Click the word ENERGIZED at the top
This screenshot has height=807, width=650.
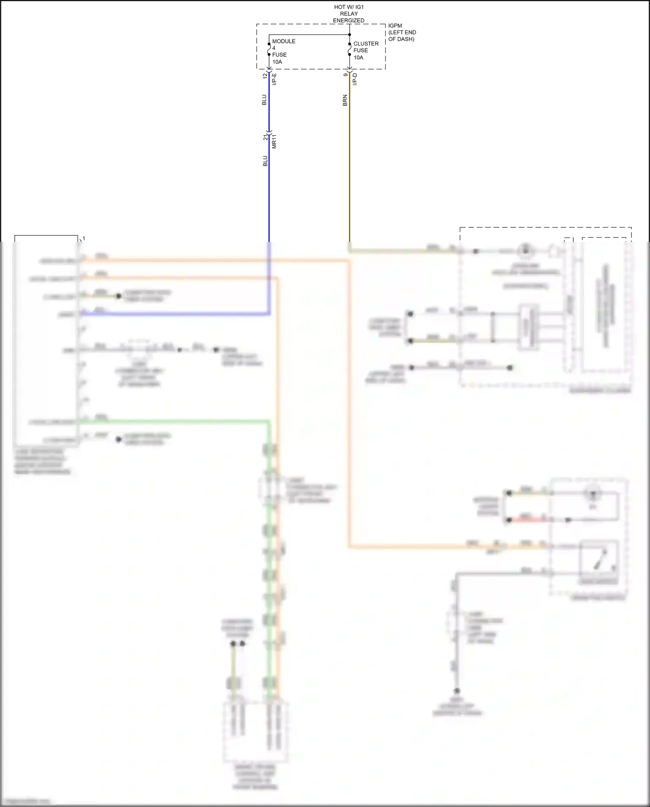pyautogui.click(x=348, y=20)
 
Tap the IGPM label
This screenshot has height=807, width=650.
pyautogui.click(x=395, y=26)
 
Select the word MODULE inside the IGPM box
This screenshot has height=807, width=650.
pyautogui.click(x=283, y=41)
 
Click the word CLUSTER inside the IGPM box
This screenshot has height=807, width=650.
pyautogui.click(x=366, y=43)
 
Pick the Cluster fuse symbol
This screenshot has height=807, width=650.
pyautogui.click(x=350, y=49)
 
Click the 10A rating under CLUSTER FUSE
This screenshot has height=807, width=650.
pyautogui.click(x=358, y=57)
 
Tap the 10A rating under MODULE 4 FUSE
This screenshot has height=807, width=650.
pyautogui.click(x=277, y=62)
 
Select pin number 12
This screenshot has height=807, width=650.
pyautogui.click(x=265, y=76)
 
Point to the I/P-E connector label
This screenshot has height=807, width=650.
pyautogui.click(x=274, y=79)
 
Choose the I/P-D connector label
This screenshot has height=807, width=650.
pyautogui.click(x=355, y=79)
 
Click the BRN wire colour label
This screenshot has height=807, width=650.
pyautogui.click(x=345, y=101)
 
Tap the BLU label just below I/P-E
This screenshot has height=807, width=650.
pyautogui.click(x=264, y=100)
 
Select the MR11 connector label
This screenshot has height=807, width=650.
pyautogui.click(x=274, y=141)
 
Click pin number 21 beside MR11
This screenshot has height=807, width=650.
pyautogui.click(x=265, y=137)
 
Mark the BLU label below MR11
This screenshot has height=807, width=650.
pyautogui.click(x=265, y=161)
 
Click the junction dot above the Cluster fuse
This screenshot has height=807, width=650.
pyautogui.click(x=350, y=35)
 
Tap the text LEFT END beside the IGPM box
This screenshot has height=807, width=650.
pyautogui.click(x=402, y=32)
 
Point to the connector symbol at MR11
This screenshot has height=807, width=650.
pyautogui.click(x=269, y=132)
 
